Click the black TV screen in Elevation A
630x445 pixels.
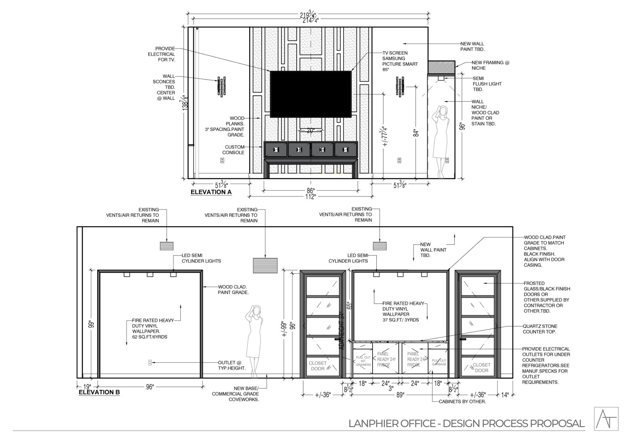(x=311, y=94)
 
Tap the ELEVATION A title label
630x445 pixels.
(x=211, y=192)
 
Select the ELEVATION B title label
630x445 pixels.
(x=99, y=392)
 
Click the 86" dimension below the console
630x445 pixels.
(x=311, y=191)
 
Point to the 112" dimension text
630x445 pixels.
(x=310, y=197)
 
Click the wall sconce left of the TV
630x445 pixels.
(x=221, y=86)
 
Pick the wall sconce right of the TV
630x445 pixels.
(x=400, y=86)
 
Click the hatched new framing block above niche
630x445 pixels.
(x=441, y=67)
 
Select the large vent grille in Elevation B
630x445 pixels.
(x=265, y=265)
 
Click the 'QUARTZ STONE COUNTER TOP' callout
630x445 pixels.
(x=540, y=329)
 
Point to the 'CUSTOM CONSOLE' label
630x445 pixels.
(x=233, y=150)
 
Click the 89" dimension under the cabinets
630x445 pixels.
(x=400, y=395)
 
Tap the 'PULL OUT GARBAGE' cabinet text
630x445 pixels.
(x=439, y=362)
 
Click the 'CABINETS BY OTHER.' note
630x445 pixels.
(x=462, y=402)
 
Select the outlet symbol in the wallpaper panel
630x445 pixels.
(x=150, y=363)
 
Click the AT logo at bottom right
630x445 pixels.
(x=606, y=419)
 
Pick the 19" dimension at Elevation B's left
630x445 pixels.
(x=87, y=387)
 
